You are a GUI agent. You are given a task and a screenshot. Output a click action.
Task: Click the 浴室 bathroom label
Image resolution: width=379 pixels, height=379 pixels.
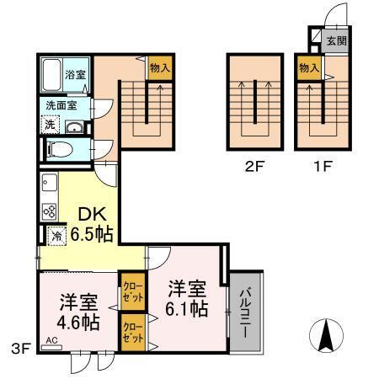75,75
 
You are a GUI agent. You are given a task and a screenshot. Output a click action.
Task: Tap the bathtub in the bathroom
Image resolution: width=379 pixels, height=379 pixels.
52,74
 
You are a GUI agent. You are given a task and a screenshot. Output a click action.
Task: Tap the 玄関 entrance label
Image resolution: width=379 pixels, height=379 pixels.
336,40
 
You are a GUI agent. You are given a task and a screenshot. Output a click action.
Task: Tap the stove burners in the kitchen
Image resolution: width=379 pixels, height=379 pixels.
49,211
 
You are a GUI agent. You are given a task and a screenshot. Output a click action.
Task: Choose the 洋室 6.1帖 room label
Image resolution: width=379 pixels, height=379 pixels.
186,298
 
